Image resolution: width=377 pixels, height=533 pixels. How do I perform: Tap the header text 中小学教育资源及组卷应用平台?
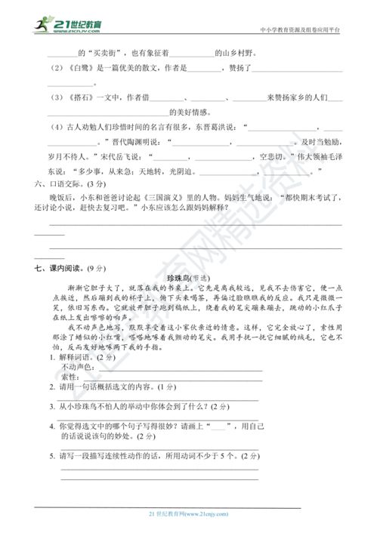point(298,30)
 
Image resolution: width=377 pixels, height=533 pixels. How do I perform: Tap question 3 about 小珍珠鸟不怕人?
point(136,406)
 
